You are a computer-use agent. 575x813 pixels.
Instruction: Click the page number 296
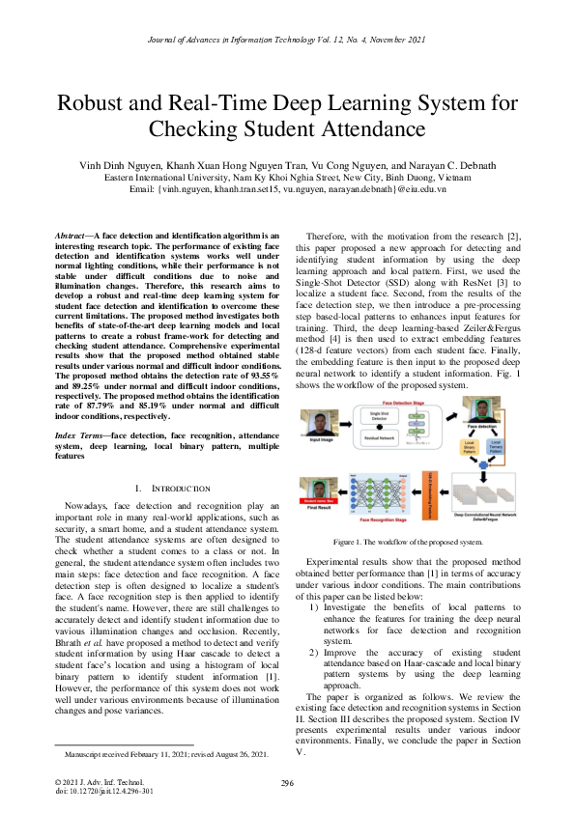[x=287, y=783]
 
